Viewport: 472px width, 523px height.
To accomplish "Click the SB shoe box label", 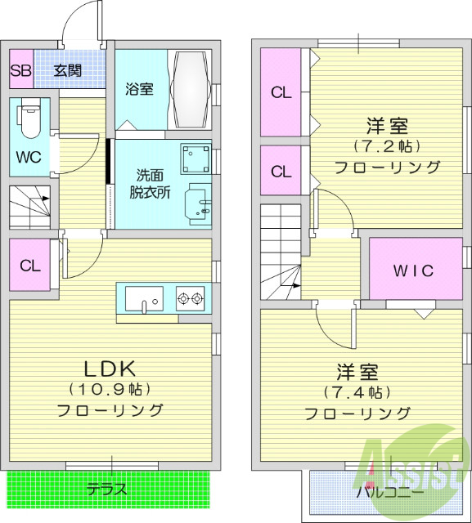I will tap(20, 70).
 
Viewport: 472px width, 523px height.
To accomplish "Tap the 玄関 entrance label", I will tap(68, 70).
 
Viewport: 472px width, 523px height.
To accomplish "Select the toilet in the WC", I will tap(29, 118).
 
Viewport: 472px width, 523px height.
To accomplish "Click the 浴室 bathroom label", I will tap(139, 89).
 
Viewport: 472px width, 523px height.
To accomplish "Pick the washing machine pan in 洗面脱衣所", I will tap(196, 157).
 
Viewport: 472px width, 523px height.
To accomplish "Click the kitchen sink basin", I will tap(144, 299).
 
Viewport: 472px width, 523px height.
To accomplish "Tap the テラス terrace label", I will tap(107, 490).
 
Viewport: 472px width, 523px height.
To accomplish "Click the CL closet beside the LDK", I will tap(29, 265).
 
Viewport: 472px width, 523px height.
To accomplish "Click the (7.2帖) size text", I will tap(387, 147).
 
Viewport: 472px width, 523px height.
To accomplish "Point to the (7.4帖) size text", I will tap(358, 392).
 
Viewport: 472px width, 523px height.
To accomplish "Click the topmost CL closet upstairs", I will tap(281, 92).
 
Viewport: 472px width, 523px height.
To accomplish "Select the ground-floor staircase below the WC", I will tap(30, 209).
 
